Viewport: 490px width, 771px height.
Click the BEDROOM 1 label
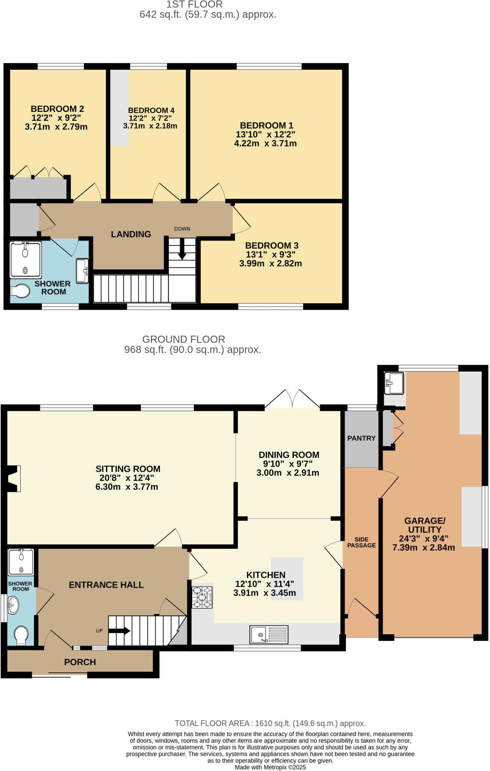click(x=267, y=125)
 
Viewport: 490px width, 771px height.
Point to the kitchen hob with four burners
click(x=202, y=597)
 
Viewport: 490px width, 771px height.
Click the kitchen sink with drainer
click(x=269, y=634)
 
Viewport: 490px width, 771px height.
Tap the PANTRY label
click(x=361, y=438)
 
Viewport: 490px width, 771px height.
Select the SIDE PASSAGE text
click(x=361, y=542)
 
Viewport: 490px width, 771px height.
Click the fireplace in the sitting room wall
click(x=13, y=478)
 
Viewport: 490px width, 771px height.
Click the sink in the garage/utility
click(x=394, y=383)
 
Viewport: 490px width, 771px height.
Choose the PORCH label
click(x=80, y=662)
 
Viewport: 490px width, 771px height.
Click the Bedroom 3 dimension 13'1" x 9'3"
click(x=270, y=255)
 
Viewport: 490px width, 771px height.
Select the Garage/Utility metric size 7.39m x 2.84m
click(x=423, y=548)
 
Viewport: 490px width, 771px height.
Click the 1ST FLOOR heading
click(x=194, y=5)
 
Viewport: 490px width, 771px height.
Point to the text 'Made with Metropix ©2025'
click(x=270, y=767)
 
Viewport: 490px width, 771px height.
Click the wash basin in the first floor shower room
click(x=82, y=270)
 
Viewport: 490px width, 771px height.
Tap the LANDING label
click(x=131, y=234)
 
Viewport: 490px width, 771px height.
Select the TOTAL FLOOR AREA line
click(x=270, y=723)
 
